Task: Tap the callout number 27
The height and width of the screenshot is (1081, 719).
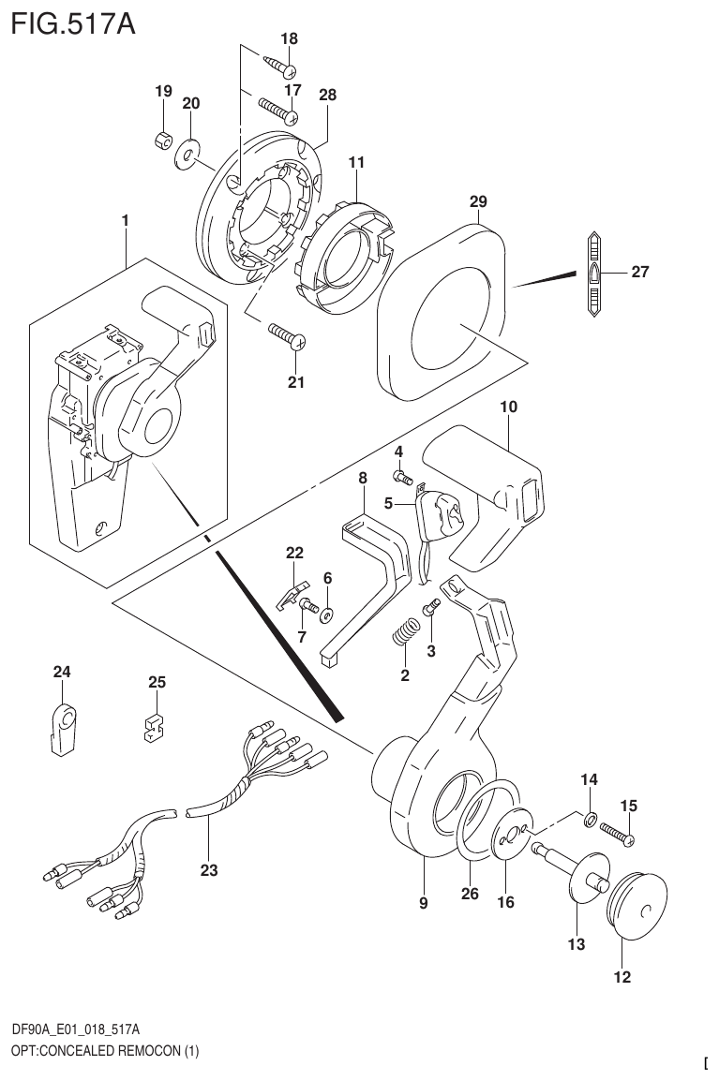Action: pyautogui.click(x=639, y=273)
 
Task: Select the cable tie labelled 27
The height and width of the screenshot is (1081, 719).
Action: pyautogui.click(x=594, y=275)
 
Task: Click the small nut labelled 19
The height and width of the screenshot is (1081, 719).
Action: pyautogui.click(x=161, y=141)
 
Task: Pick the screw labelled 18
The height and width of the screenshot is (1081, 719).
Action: pyautogui.click(x=277, y=65)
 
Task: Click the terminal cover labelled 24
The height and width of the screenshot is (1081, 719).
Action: pyautogui.click(x=62, y=727)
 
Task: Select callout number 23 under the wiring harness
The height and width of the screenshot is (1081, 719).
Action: pyautogui.click(x=208, y=870)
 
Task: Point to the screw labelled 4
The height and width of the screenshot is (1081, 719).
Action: pyautogui.click(x=405, y=479)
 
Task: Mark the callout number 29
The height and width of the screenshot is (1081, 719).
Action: pyautogui.click(x=478, y=201)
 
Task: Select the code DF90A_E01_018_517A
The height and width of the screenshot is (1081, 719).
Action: pyautogui.click(x=77, y=1029)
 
